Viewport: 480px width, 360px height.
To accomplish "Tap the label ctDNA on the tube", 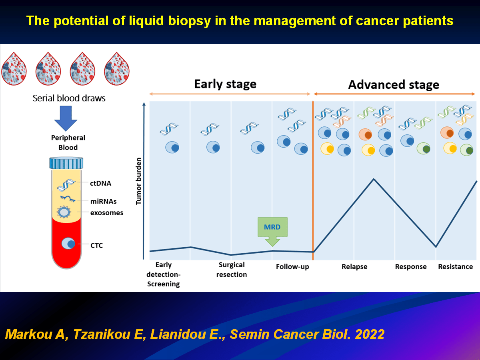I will click(x=100, y=184).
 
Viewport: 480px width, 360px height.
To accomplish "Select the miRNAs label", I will click(x=103, y=202).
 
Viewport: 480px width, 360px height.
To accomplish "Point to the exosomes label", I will click(x=107, y=212).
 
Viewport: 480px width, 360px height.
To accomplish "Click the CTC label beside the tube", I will click(x=96, y=245).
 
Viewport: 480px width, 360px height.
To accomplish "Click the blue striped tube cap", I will click(x=66, y=163).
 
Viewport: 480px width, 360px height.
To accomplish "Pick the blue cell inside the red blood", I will click(x=68, y=243).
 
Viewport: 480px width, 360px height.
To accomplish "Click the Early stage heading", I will click(x=225, y=84).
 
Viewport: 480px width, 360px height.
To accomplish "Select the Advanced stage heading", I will click(x=394, y=85).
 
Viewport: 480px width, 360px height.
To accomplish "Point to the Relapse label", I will click(x=354, y=267).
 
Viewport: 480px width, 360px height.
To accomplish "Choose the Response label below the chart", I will click(x=411, y=267).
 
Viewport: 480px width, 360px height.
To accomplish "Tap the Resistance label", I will click(x=456, y=267).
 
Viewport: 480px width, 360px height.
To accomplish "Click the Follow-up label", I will click(x=292, y=267).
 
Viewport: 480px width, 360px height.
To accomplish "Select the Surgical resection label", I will click(x=232, y=270).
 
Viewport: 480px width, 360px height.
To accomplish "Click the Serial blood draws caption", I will click(x=69, y=98).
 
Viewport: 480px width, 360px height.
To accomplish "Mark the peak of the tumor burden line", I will click(x=374, y=179).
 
